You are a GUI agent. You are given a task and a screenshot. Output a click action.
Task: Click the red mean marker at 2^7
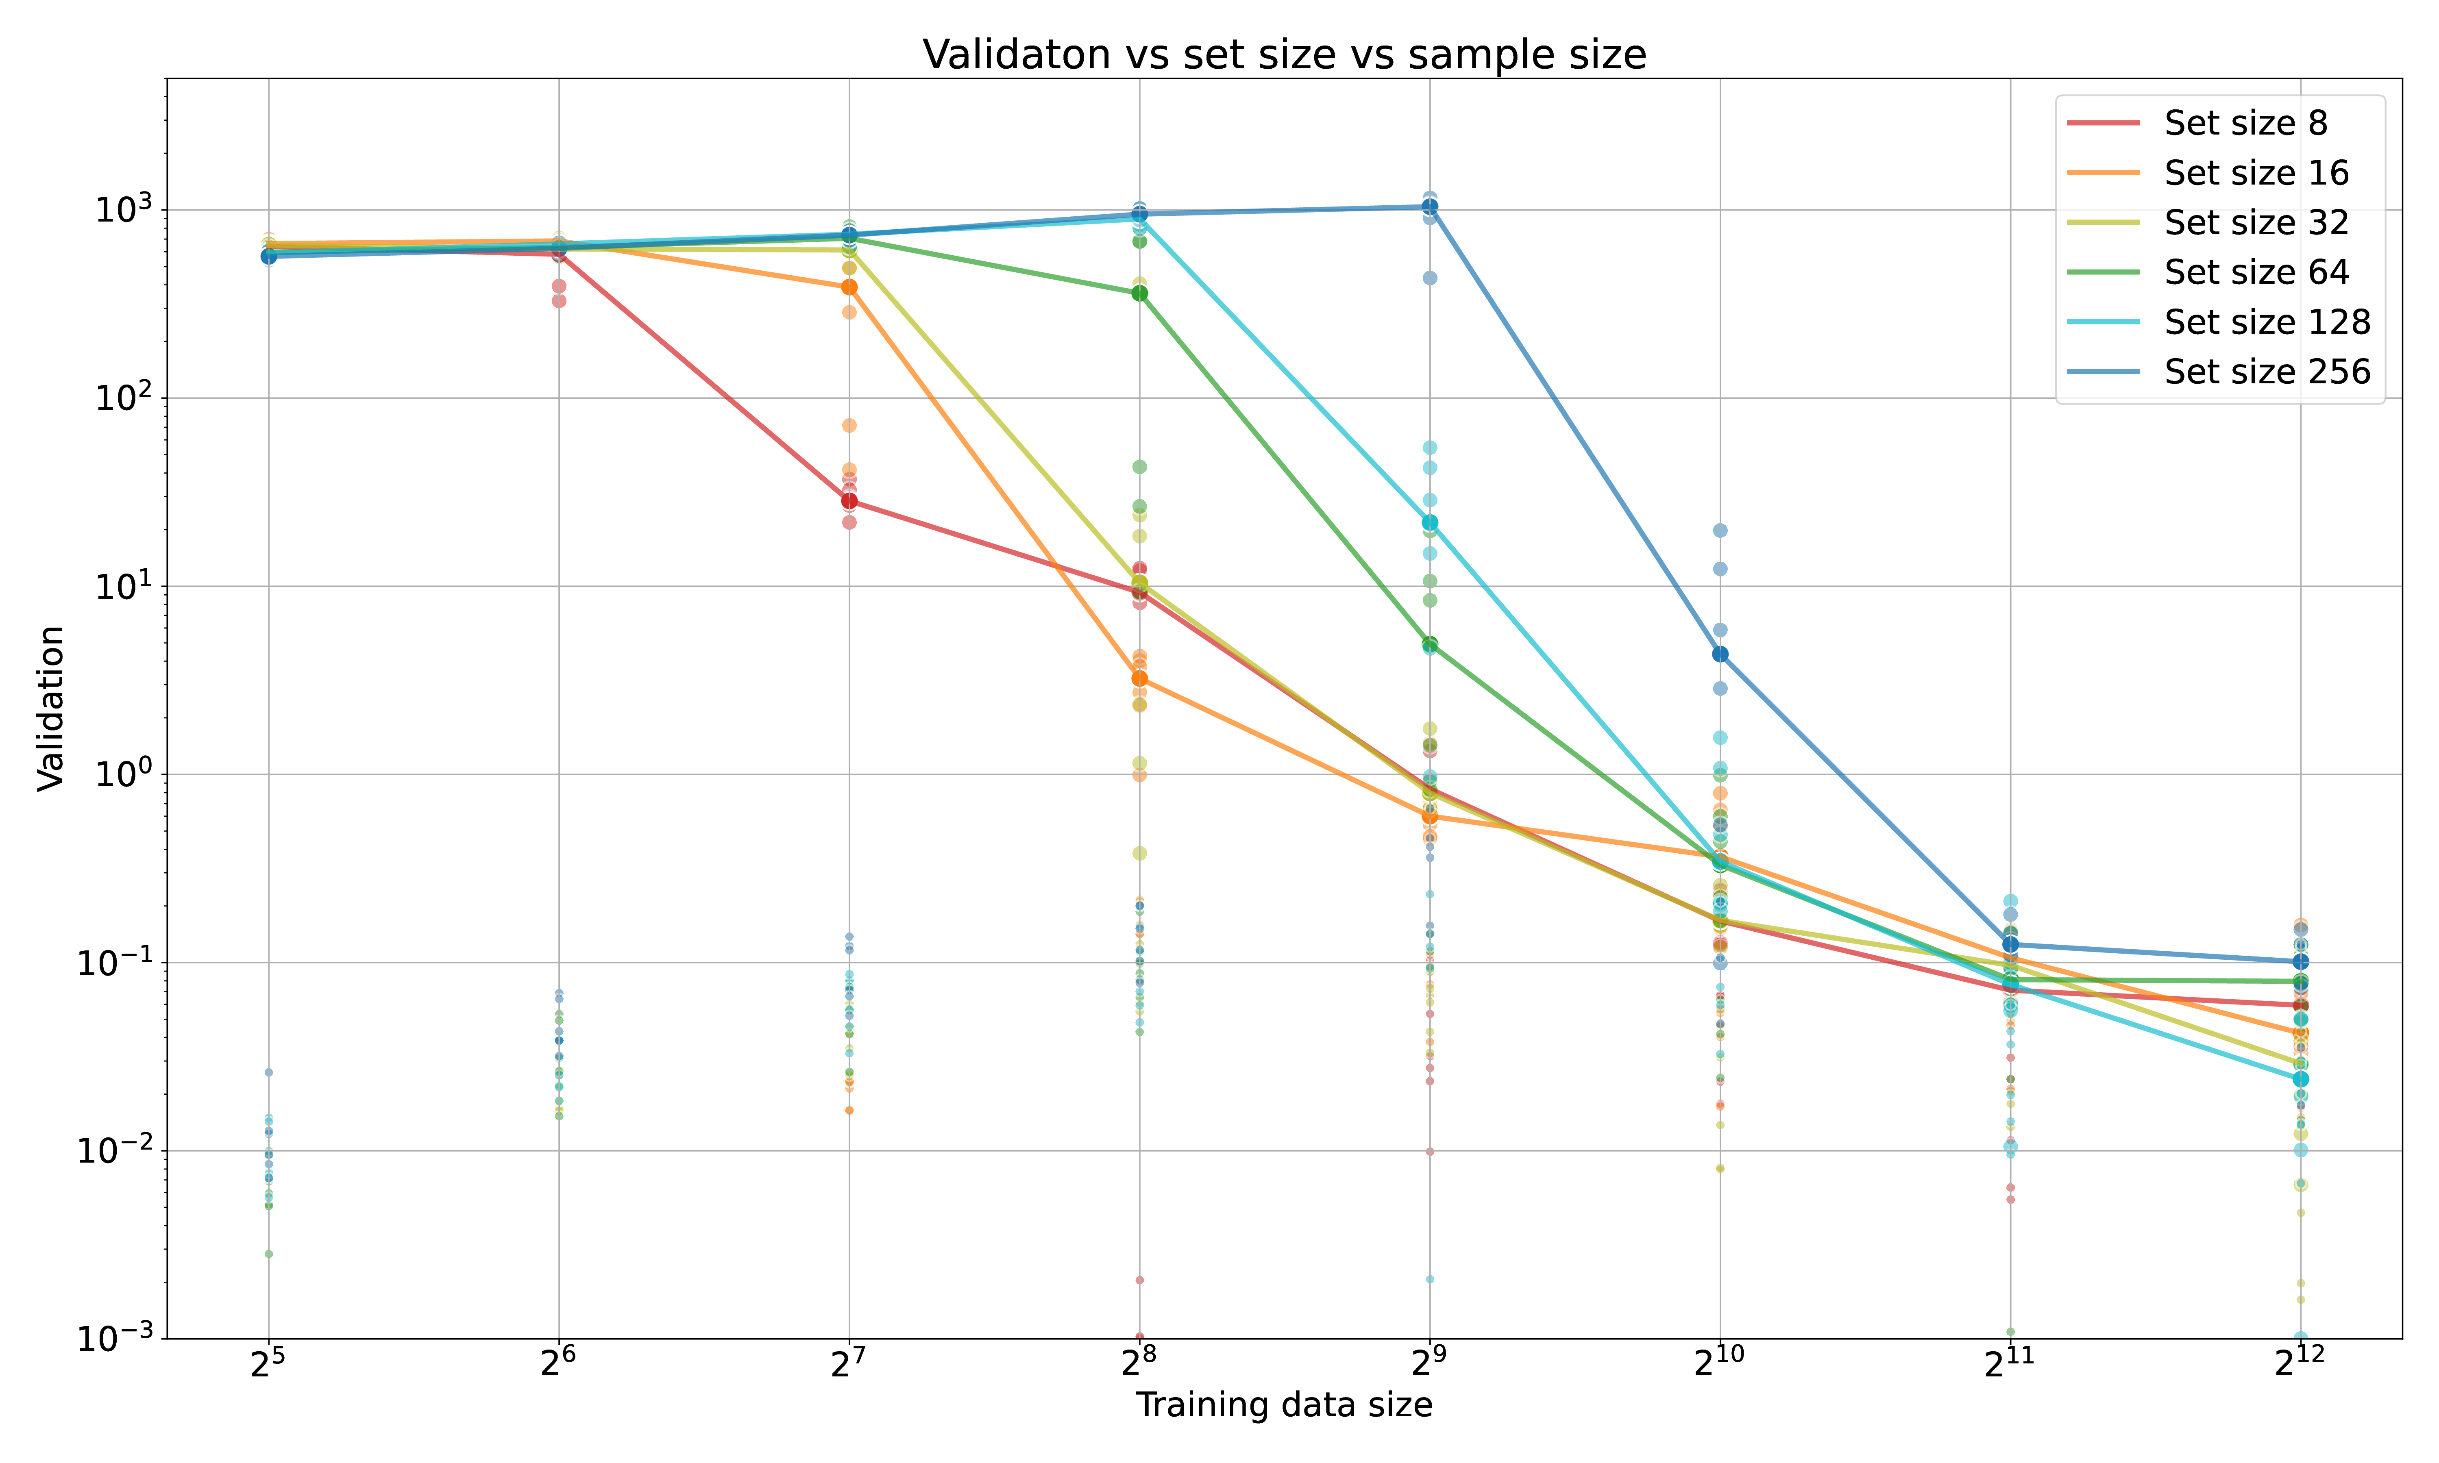849,501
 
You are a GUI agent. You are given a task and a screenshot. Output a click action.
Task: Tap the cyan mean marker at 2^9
1429,522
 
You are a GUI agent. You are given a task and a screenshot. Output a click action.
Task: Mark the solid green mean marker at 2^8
1140,293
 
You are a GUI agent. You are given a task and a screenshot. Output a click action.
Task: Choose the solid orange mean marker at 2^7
849,287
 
